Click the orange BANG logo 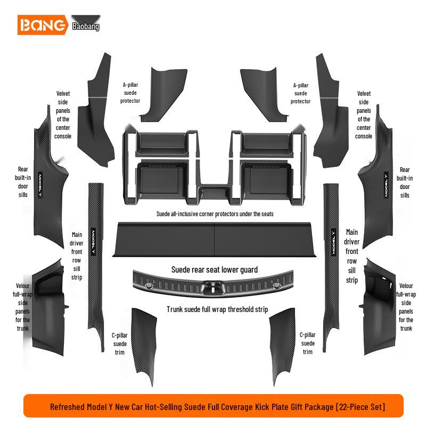coord(43,25)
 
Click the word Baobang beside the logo coord(86,26)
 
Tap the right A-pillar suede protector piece coord(264,95)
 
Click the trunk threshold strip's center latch coord(213,288)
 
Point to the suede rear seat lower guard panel coord(215,239)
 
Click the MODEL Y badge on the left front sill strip coord(93,242)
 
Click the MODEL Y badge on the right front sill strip coord(334,242)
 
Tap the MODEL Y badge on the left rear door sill coord(40,185)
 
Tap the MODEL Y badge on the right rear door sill coord(386,184)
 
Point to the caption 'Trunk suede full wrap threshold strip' coord(217,309)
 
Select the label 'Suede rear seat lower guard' coord(215,270)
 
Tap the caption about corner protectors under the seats coord(215,214)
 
